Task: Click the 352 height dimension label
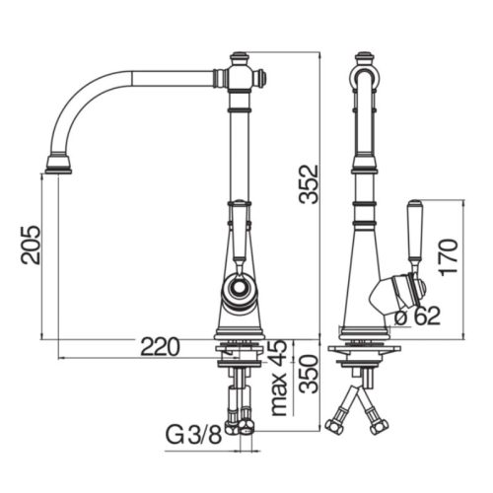pos(309,184)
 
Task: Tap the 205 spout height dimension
pos(31,245)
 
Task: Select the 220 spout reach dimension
pos(160,347)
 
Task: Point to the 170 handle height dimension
pos(448,257)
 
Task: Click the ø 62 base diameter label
pos(417,316)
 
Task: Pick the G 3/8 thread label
pos(193,435)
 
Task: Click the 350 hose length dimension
pos(309,374)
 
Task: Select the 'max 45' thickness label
pos(278,378)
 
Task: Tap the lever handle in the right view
pos(414,234)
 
